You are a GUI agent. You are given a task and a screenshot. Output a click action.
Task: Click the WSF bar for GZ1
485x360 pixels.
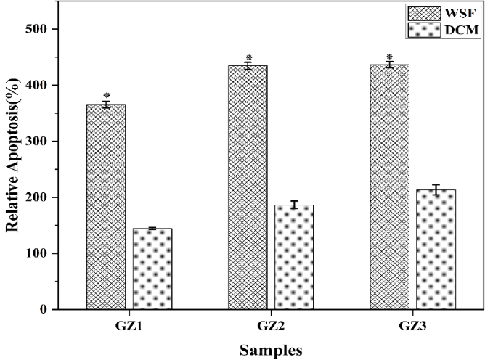pyautogui.click(x=106, y=207)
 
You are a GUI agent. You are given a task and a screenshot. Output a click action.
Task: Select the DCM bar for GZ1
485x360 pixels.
pyautogui.click(x=152, y=269)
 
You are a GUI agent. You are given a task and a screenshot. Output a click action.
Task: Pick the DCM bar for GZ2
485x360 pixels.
pyautogui.click(x=294, y=257)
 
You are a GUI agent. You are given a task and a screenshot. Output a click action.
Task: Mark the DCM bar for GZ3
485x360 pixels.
pyautogui.click(x=436, y=250)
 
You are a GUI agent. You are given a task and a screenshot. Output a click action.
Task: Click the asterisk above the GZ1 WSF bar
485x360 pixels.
pyautogui.click(x=106, y=96)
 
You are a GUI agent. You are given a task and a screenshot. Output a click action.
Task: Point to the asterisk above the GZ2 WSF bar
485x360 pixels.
pyautogui.click(x=248, y=58)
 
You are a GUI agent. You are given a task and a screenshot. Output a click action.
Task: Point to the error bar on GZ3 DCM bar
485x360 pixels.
pyautogui.click(x=436, y=190)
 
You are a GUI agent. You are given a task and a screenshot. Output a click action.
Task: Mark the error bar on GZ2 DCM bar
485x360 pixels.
pyautogui.click(x=294, y=205)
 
